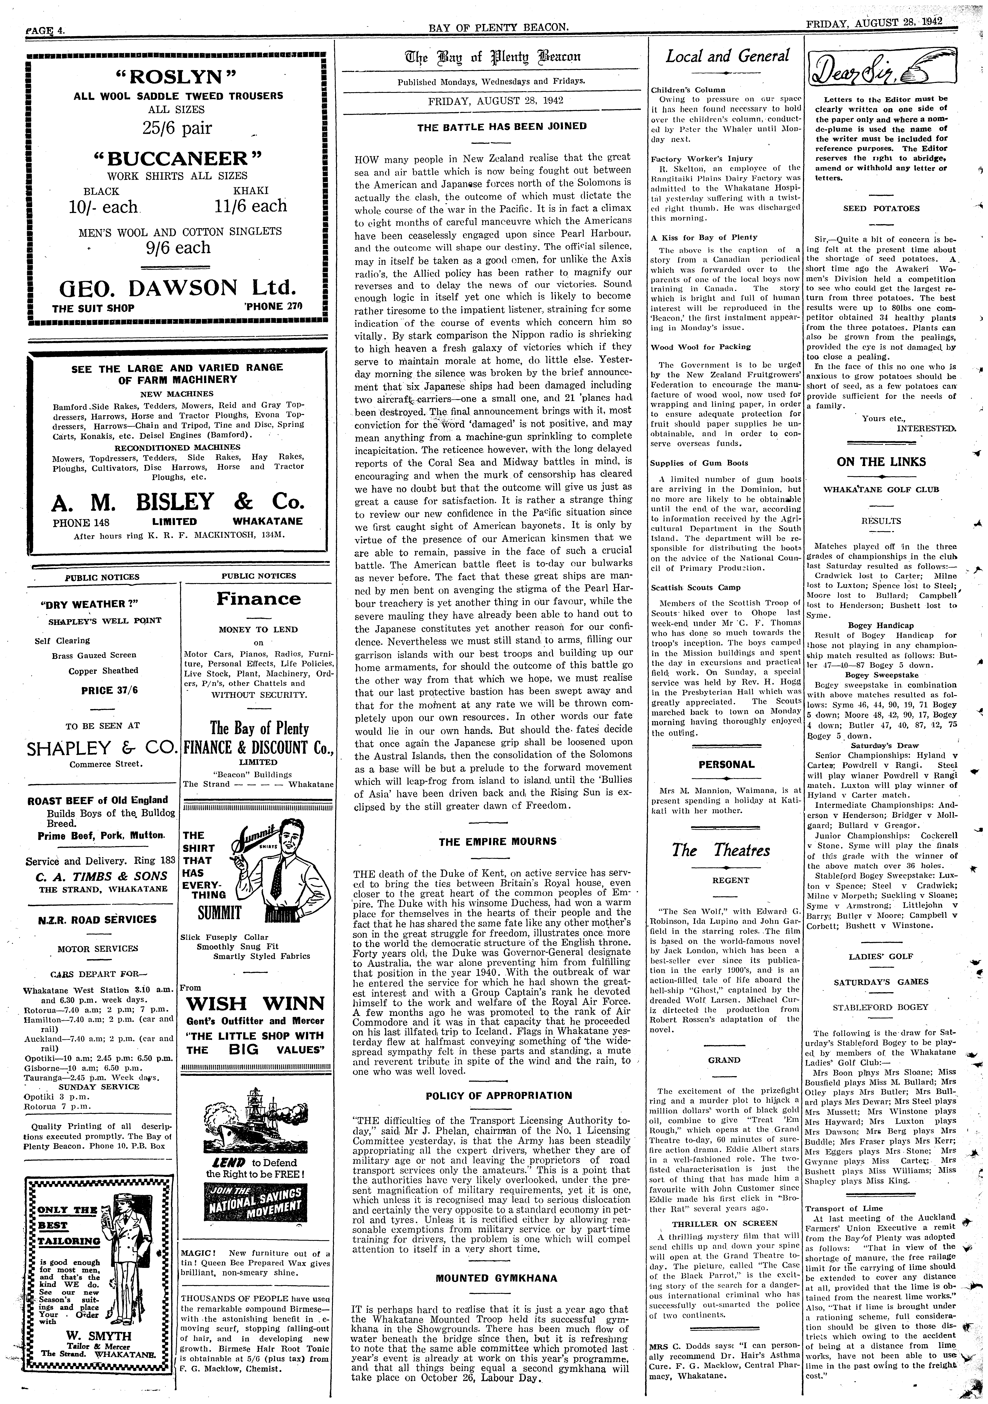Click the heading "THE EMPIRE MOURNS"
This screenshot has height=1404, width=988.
498,841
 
